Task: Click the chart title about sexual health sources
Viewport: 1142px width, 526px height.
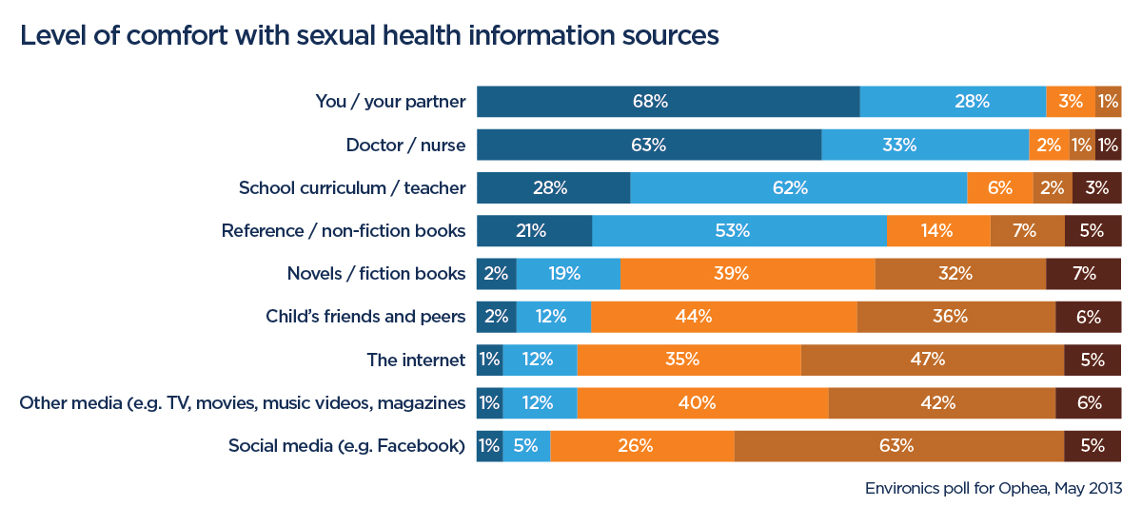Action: pyautogui.click(x=368, y=36)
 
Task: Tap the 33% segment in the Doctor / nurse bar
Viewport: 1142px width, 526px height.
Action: pyautogui.click(x=925, y=145)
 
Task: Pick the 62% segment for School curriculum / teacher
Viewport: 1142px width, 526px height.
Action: pyautogui.click(x=798, y=188)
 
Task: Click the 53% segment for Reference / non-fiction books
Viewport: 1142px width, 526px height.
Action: pyautogui.click(x=739, y=231)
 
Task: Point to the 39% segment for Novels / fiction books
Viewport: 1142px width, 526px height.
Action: pyautogui.click(x=747, y=274)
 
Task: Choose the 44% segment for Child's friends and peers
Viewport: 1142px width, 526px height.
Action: pyautogui.click(x=723, y=317)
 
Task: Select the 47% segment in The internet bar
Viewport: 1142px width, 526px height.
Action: pyautogui.click(x=933, y=360)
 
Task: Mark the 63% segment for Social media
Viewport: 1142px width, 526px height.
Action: pyautogui.click(x=899, y=445)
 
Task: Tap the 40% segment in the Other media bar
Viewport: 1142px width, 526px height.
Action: pyautogui.click(x=702, y=402)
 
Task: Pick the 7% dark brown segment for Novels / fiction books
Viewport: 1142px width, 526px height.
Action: pyautogui.click(x=1084, y=274)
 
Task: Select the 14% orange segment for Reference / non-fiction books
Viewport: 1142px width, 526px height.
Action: pyautogui.click(x=938, y=231)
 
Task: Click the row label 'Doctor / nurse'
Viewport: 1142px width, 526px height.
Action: pyautogui.click(x=405, y=146)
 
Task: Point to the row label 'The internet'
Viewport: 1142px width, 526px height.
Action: pyautogui.click(x=416, y=360)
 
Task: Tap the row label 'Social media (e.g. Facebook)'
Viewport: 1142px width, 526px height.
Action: pyautogui.click(x=346, y=445)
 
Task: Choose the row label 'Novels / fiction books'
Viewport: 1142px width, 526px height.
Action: pyautogui.click(x=376, y=274)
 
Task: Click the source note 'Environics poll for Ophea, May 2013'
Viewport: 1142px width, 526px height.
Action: pyautogui.click(x=994, y=489)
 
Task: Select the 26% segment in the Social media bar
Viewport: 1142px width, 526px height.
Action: pyautogui.click(x=642, y=445)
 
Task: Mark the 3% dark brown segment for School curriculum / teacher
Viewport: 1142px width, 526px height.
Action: pyautogui.click(x=1097, y=188)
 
